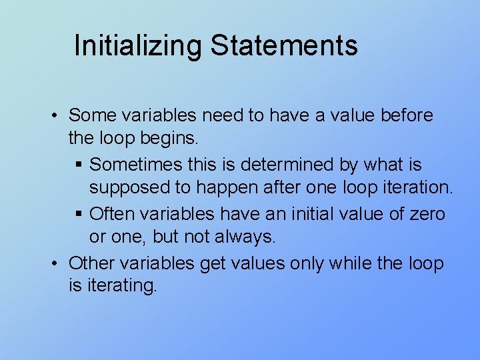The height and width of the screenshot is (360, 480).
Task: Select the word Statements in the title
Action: pos(284,46)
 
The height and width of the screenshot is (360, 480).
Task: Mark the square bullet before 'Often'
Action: pos(79,214)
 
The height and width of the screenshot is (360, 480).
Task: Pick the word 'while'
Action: pos(351,263)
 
